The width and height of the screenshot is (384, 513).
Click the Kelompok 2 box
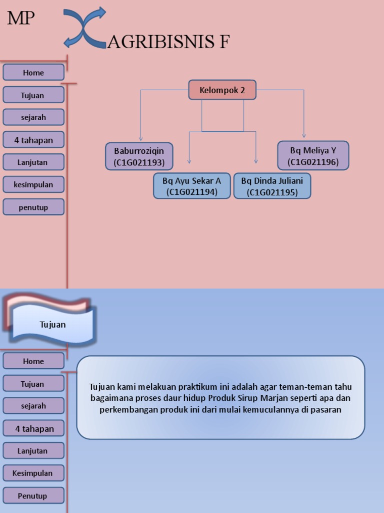pos(222,90)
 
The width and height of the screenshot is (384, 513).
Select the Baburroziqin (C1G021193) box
pos(139,156)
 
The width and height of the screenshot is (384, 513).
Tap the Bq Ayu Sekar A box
pos(191,186)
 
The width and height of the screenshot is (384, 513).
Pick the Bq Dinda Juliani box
pos(272,186)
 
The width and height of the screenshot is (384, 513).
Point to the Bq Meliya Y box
pos(313,156)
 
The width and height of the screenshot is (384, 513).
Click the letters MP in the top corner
pos(20,19)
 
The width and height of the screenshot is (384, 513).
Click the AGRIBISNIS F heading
pos(168,43)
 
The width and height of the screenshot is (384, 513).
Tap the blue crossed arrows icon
pos(85,28)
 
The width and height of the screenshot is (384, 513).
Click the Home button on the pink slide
pos(33,73)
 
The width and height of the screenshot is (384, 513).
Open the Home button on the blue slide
pos(33,361)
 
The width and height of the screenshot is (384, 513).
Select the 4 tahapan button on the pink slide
pos(33,140)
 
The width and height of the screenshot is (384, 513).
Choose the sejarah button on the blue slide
pos(33,406)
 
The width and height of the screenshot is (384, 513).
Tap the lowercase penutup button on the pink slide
pos(33,207)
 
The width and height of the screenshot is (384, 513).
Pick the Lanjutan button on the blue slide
pos(33,451)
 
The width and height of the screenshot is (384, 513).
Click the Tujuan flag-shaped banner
pos(52,325)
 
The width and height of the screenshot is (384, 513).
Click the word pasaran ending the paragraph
pos(326,410)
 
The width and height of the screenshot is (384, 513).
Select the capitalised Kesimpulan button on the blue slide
pos(33,473)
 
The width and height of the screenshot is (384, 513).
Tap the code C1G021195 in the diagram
pos(272,192)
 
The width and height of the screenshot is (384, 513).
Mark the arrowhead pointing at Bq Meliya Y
pos(304,135)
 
